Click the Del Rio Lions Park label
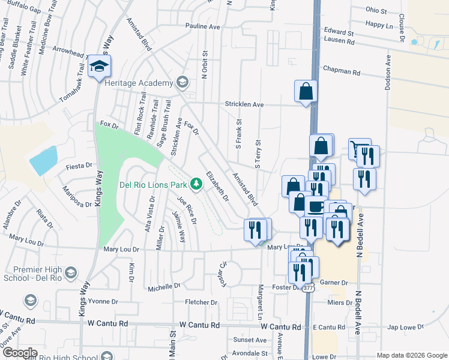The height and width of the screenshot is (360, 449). click(154, 184)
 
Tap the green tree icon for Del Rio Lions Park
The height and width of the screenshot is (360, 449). click(196, 183)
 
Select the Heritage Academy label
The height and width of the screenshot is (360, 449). click(137, 82)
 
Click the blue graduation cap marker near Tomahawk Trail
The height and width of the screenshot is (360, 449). click(100, 67)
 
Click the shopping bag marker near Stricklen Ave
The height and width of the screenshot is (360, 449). click(306, 91)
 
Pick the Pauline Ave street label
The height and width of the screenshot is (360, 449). click(203, 26)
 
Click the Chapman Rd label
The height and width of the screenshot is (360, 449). click(341, 71)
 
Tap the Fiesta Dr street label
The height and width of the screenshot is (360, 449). click(82, 166)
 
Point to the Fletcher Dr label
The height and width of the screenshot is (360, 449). click(200, 302)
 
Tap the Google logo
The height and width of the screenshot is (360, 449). click(19, 353)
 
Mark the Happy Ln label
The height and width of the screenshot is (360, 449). click(378, 24)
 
